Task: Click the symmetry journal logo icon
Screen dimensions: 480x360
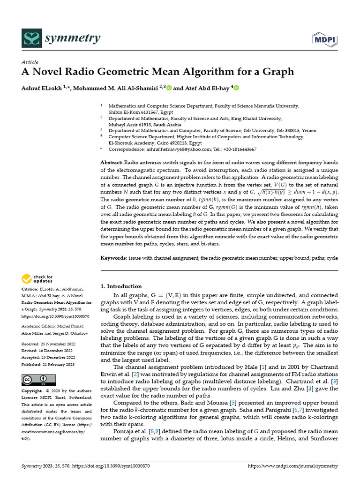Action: point(31,38)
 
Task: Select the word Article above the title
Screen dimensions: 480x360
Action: point(30,62)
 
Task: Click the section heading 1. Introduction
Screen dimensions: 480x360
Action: point(121,286)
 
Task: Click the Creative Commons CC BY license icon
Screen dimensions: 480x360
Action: point(38,380)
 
